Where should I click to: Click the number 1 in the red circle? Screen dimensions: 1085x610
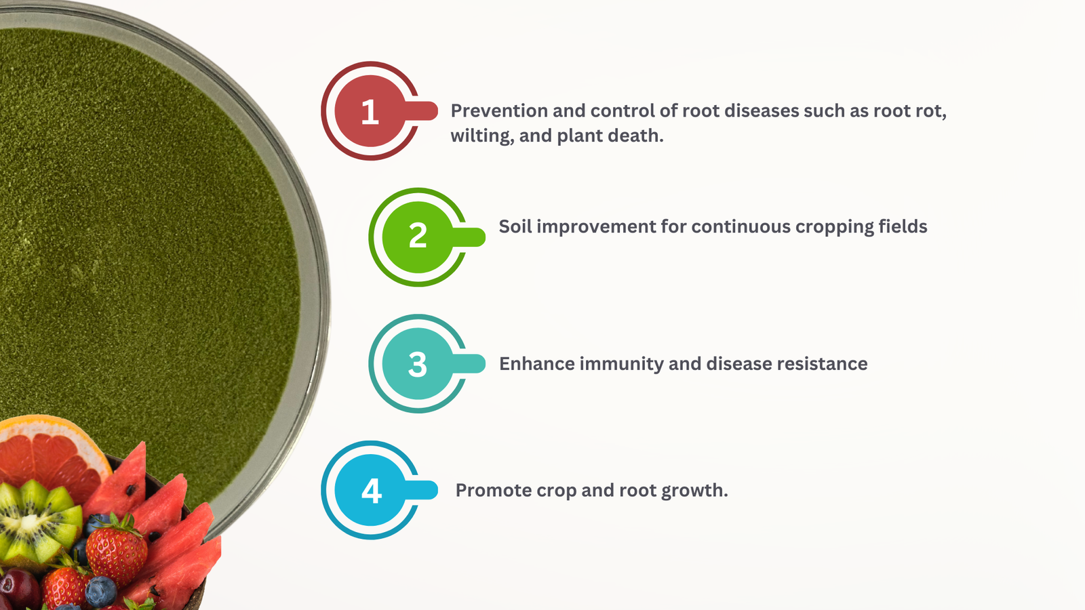click(370, 112)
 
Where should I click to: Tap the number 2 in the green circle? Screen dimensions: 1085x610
click(418, 236)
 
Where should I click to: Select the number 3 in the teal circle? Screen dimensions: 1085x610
click(418, 364)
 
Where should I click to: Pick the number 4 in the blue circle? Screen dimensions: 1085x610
click(372, 491)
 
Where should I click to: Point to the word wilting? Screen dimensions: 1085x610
click(482, 136)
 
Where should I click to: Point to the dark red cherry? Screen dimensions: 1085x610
click(18, 589)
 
